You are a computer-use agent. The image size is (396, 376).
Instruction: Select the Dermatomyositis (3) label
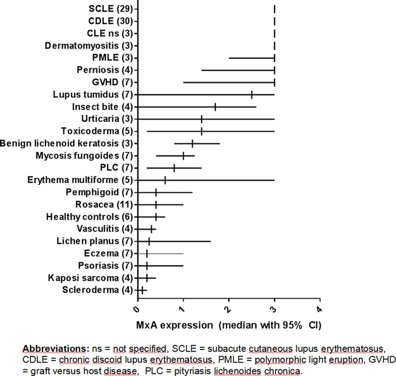pyautogui.click(x=88, y=46)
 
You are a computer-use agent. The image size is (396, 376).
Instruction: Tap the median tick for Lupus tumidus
pyautogui.click(x=252, y=94)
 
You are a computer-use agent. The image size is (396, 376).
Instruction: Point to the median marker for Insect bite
pyautogui.click(x=215, y=107)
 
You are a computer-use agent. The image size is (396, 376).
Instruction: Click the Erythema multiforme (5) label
pyautogui.click(x=80, y=180)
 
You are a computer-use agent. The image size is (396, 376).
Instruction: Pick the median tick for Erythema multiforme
pyautogui.click(x=165, y=180)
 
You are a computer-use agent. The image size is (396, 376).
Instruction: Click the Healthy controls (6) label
pyautogui.click(x=89, y=217)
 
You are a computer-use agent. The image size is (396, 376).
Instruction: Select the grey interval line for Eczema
pyautogui.click(x=167, y=253)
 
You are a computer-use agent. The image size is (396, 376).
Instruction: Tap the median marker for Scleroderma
pyautogui.click(x=142, y=290)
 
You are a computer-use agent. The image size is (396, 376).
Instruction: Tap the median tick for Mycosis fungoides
pyautogui.click(x=183, y=156)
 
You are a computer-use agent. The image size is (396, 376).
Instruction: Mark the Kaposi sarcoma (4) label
pyautogui.click(x=90, y=278)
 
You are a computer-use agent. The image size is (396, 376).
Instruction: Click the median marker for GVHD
pyautogui.click(x=274, y=82)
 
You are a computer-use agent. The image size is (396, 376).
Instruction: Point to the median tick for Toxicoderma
pyautogui.click(x=202, y=131)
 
